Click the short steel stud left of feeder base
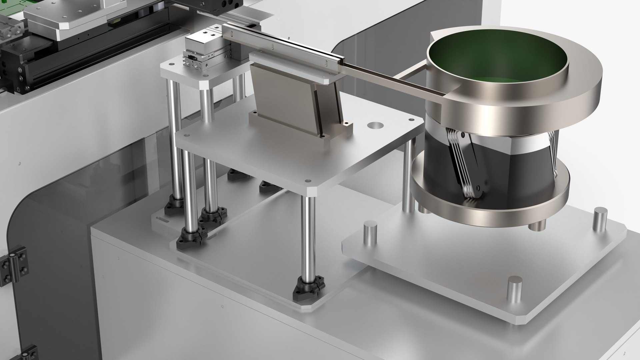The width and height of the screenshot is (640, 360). pyautogui.click(x=370, y=233)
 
